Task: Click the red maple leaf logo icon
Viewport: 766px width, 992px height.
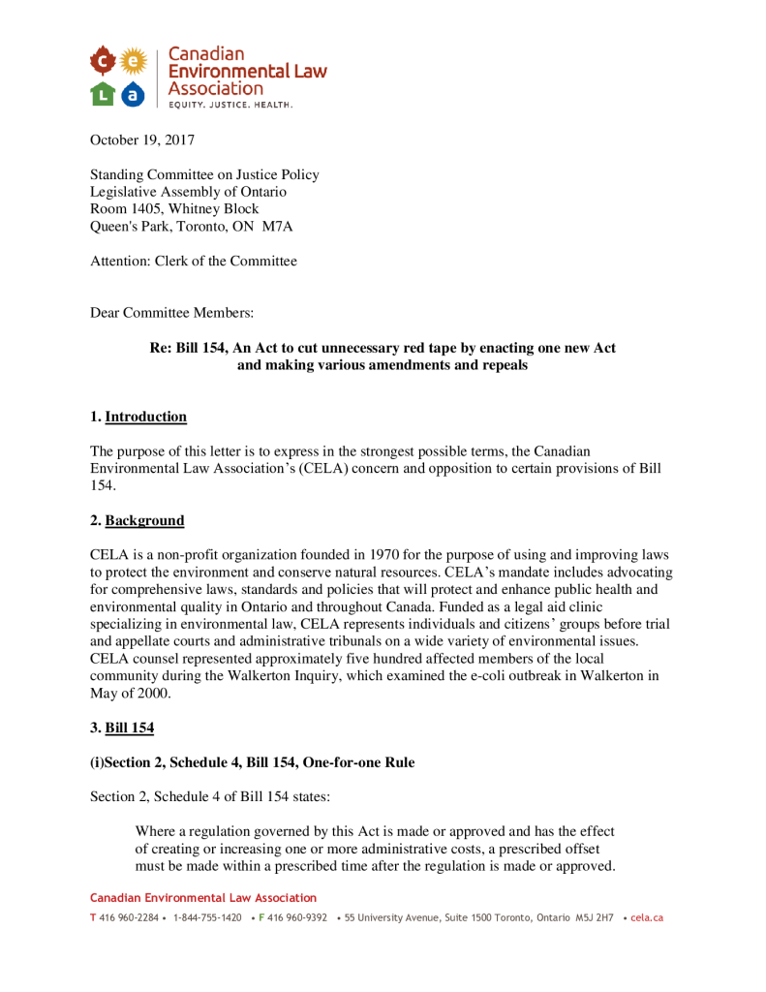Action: [x=103, y=62]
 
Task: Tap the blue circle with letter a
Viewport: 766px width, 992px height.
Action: [x=133, y=94]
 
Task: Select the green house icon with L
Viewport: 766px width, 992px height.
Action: [x=103, y=94]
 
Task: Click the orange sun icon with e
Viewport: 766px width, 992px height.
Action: [x=133, y=62]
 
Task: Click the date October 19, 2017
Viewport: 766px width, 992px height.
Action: [x=142, y=140]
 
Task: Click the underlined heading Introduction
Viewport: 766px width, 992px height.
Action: [x=145, y=418]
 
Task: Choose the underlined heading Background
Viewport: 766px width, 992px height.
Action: [x=144, y=521]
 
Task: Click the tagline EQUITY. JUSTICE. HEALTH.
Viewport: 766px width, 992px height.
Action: [x=230, y=104]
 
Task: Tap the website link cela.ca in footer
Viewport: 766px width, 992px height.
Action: [x=646, y=917]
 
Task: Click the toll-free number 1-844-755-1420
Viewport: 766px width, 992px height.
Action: [x=207, y=917]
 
